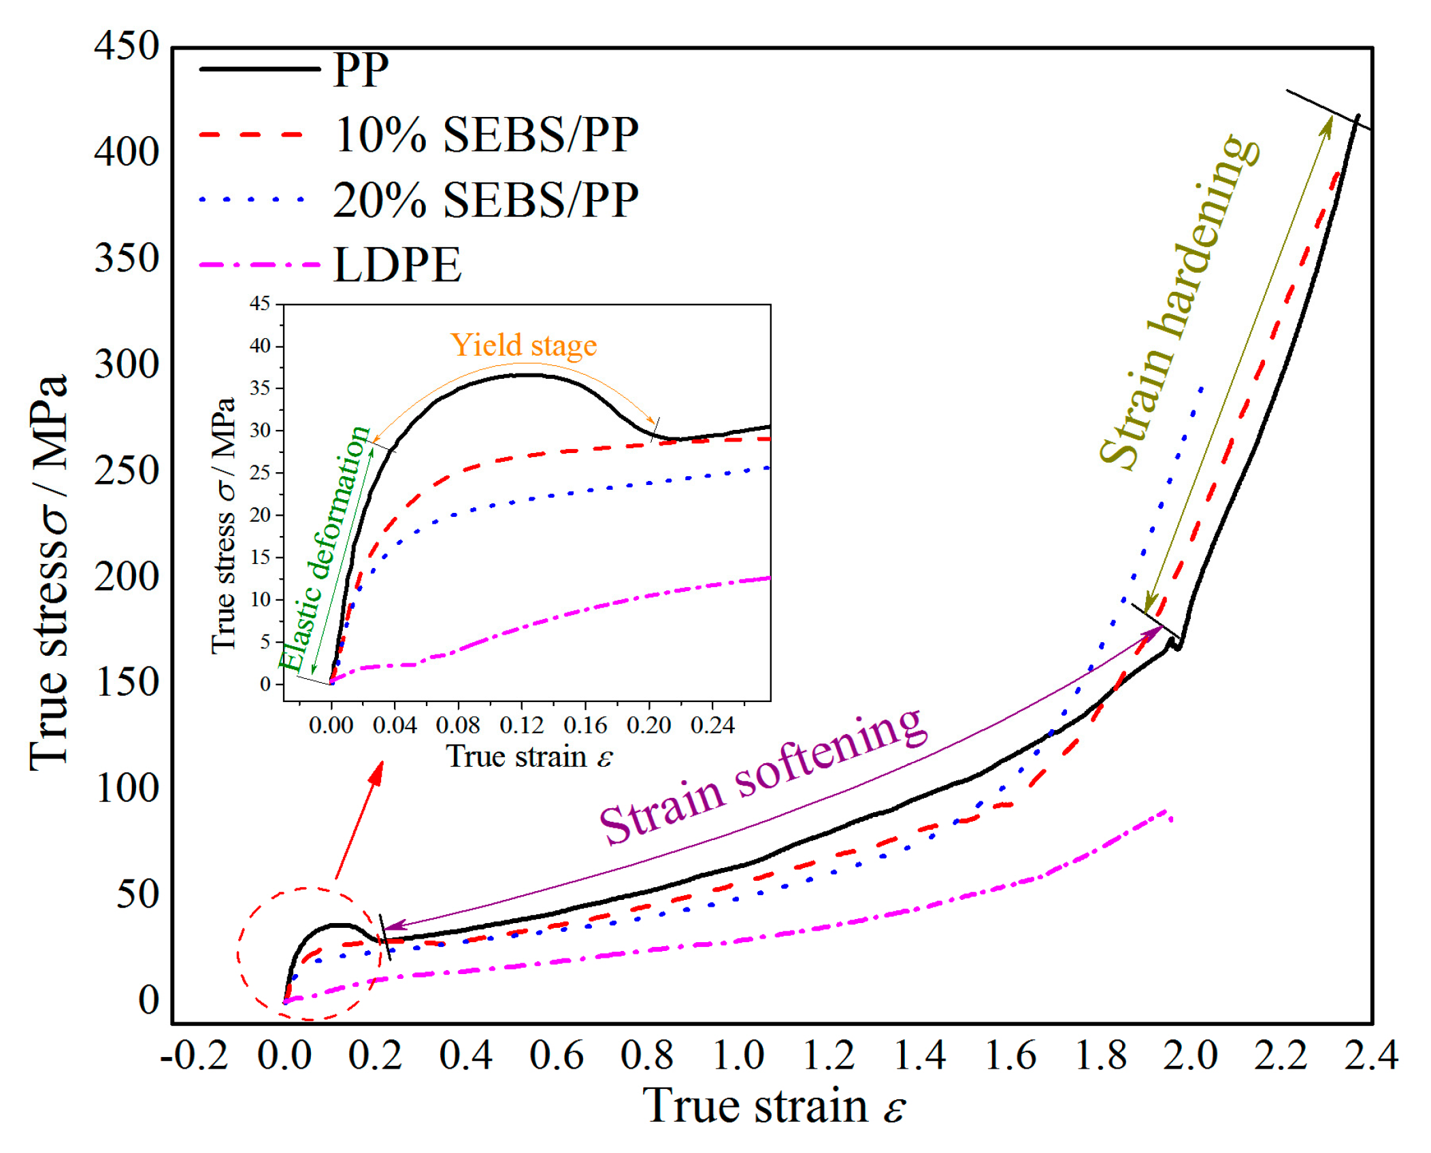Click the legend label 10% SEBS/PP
click(x=486, y=135)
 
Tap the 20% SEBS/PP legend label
click(x=486, y=200)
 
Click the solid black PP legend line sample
click(x=259, y=69)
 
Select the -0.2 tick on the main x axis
click(x=194, y=1055)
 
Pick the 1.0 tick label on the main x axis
click(x=738, y=1055)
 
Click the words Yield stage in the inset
click(x=523, y=345)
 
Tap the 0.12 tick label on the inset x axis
click(x=521, y=725)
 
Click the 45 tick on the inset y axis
click(x=260, y=303)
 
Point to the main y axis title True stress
click(x=49, y=571)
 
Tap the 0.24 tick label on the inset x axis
click(x=712, y=725)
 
